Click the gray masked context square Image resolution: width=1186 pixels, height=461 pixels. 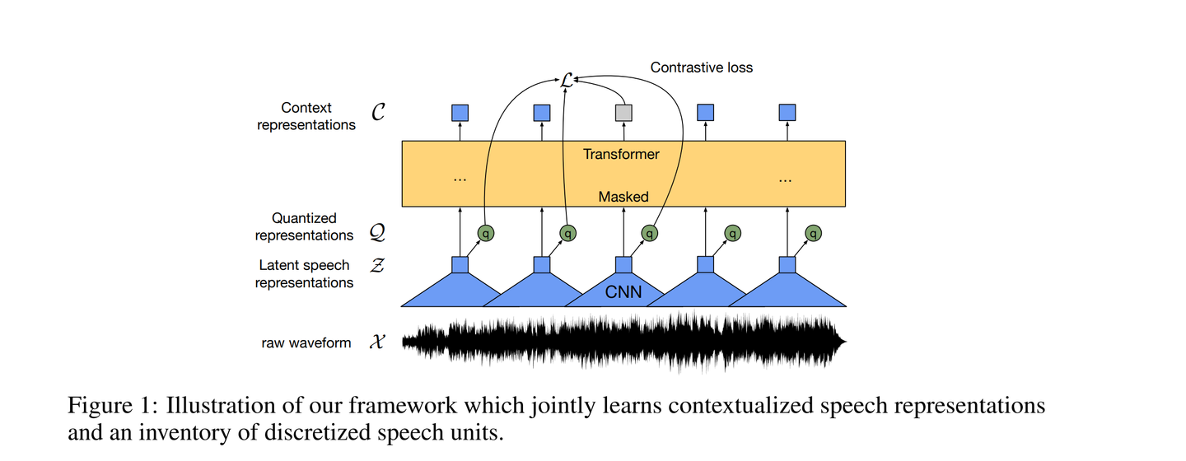pyautogui.click(x=623, y=113)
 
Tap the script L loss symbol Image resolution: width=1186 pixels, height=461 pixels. pyautogui.click(x=566, y=81)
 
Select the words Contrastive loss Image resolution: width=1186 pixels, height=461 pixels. pyautogui.click(x=701, y=68)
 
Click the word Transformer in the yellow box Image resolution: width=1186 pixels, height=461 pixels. pyautogui.click(x=621, y=154)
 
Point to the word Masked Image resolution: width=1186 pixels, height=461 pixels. pyautogui.click(x=623, y=197)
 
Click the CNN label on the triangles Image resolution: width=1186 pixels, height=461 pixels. pyautogui.click(x=623, y=292)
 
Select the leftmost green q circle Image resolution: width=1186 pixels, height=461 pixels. pyautogui.click(x=486, y=233)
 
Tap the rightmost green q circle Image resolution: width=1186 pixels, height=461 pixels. pyautogui.click(x=813, y=233)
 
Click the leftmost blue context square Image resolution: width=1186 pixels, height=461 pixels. pyautogui.click(x=460, y=113)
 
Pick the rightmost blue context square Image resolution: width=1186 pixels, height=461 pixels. pyautogui.click(x=787, y=113)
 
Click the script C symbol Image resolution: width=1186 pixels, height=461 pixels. pyautogui.click(x=378, y=112)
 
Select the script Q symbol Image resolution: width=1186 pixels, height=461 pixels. pyautogui.click(x=377, y=232)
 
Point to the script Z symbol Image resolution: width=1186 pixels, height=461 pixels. pyautogui.click(x=377, y=264)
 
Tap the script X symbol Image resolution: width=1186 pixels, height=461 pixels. pyautogui.click(x=377, y=342)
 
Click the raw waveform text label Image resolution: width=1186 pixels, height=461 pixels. pyautogui.click(x=306, y=343)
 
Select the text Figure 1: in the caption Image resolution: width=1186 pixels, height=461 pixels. pyautogui.click(x=113, y=405)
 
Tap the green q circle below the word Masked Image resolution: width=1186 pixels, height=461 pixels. pyautogui.click(x=649, y=233)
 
